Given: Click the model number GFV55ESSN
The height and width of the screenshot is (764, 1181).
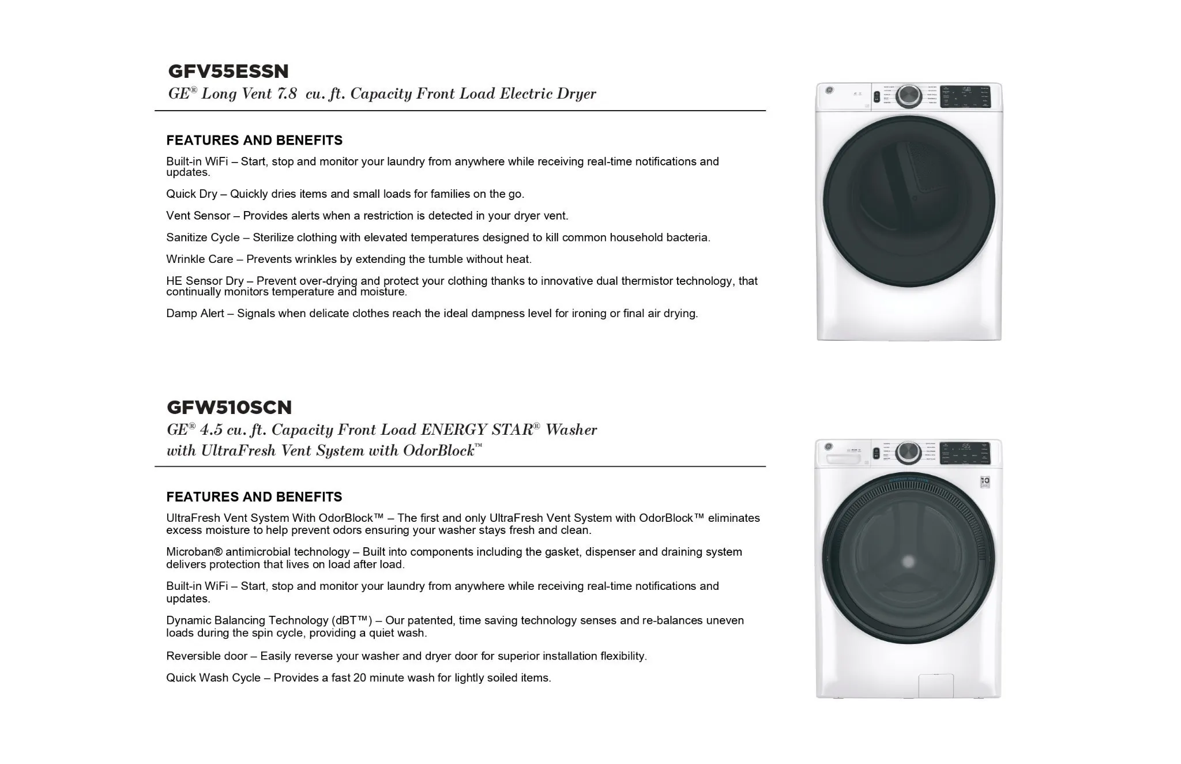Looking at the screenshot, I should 228,71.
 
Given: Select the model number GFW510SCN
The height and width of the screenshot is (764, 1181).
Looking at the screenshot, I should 229,408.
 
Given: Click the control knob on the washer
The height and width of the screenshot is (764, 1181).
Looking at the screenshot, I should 908,453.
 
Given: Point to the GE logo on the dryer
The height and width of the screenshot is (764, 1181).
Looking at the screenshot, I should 829,91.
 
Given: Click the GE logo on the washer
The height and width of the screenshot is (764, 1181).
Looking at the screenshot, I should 829,447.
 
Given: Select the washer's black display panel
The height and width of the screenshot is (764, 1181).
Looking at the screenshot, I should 964,453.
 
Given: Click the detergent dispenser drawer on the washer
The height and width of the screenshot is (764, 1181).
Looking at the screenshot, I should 845,459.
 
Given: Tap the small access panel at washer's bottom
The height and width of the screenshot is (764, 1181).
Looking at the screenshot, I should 935,685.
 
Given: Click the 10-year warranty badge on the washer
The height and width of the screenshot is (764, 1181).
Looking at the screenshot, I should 985,481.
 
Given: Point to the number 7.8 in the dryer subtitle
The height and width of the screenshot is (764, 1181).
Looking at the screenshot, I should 287,94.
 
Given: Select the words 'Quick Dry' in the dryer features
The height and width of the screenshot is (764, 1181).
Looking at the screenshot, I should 191,194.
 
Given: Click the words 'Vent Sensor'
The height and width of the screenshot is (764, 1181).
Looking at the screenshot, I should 198,216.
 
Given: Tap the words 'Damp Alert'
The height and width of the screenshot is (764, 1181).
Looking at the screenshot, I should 195,314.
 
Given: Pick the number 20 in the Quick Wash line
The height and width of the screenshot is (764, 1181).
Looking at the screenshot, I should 359,678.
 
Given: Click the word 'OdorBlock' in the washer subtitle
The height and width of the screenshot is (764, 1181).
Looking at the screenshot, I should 438,451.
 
